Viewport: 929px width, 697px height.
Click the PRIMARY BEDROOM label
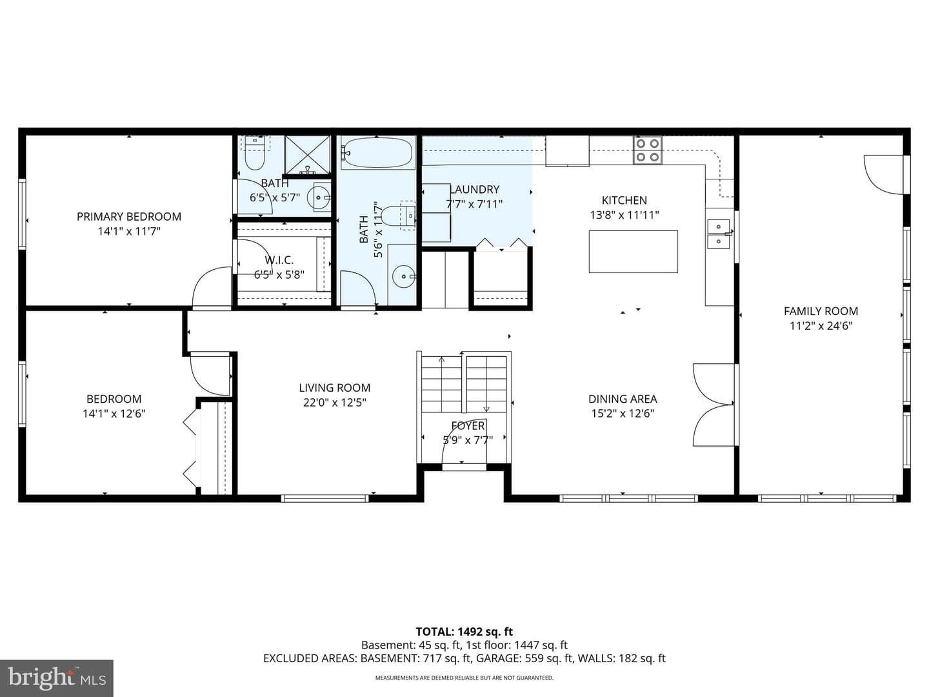[x=128, y=217]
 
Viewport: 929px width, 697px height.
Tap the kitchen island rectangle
[x=633, y=252]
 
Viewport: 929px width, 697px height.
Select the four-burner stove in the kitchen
[x=648, y=150]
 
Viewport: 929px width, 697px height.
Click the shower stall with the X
[x=307, y=154]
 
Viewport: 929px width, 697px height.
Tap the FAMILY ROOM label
[x=821, y=311]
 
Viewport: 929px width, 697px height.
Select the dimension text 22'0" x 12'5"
[x=334, y=402]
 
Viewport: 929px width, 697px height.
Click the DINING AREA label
[x=623, y=399]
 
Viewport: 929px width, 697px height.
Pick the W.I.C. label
[x=279, y=260]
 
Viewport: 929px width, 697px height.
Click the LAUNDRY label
[x=474, y=189]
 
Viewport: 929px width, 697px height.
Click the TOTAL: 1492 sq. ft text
[x=464, y=631]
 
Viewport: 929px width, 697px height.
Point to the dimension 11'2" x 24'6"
[x=821, y=326]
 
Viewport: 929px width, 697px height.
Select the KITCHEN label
[x=624, y=200]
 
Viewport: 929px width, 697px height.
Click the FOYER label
[x=468, y=426]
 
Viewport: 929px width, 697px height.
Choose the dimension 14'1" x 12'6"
[x=114, y=414]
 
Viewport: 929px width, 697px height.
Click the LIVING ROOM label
[x=334, y=388]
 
